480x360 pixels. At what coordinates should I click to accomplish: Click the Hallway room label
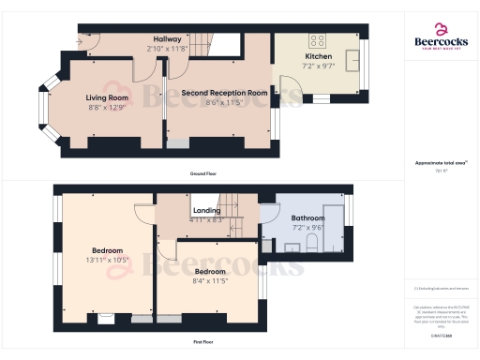[168, 37]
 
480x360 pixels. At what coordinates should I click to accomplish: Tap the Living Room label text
[108, 97]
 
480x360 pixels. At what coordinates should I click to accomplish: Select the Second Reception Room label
[225, 93]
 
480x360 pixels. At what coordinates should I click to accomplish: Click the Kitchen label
[318, 56]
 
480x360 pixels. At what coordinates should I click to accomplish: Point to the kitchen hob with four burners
[318, 40]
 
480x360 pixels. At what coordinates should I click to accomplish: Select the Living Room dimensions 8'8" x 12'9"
[108, 108]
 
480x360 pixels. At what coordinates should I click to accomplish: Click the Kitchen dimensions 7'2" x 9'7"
[318, 67]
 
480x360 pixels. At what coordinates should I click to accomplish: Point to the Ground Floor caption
[202, 174]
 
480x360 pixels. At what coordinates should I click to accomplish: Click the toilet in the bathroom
[310, 247]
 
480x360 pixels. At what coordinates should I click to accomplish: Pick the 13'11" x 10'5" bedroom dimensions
[106, 260]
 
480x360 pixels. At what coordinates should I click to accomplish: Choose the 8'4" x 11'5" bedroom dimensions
[210, 279]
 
